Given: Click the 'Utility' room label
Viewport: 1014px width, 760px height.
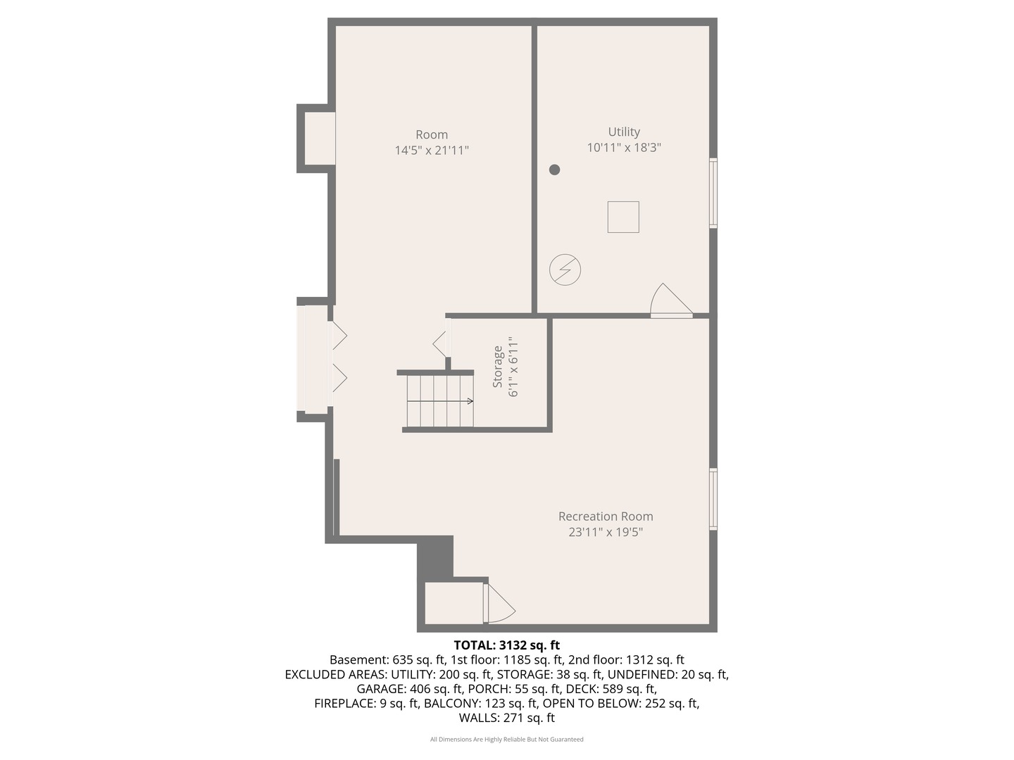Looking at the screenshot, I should coord(624,132).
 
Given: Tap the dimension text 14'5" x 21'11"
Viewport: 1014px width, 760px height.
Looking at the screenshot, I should coord(432,150).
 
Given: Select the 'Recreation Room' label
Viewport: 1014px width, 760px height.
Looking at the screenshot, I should coord(606,517).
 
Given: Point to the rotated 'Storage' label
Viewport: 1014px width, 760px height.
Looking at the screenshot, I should coord(498,367).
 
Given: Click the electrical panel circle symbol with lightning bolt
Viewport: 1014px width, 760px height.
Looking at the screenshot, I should coord(565,270).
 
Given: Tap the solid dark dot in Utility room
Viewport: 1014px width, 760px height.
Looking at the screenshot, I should coord(555,170).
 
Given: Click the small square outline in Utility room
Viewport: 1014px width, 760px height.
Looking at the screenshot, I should coord(623,217).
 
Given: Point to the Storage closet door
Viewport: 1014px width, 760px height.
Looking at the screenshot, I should coord(442,343).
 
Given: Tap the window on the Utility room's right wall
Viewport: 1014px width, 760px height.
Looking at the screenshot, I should coord(713,194).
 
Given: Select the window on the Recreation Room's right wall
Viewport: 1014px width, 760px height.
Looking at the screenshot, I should coord(713,499).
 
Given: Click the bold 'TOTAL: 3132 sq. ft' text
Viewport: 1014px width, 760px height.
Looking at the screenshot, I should coord(507,645).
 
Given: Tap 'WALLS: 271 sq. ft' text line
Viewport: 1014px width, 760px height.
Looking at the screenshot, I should coord(507,718).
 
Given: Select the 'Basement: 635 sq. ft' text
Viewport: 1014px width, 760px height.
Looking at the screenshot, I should coord(387,660).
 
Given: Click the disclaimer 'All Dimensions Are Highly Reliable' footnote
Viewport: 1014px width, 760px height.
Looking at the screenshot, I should coord(507,740).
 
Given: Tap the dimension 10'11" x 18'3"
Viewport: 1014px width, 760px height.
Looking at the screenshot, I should coord(624,148).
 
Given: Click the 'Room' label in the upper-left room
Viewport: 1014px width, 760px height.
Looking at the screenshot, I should coord(432,135).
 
